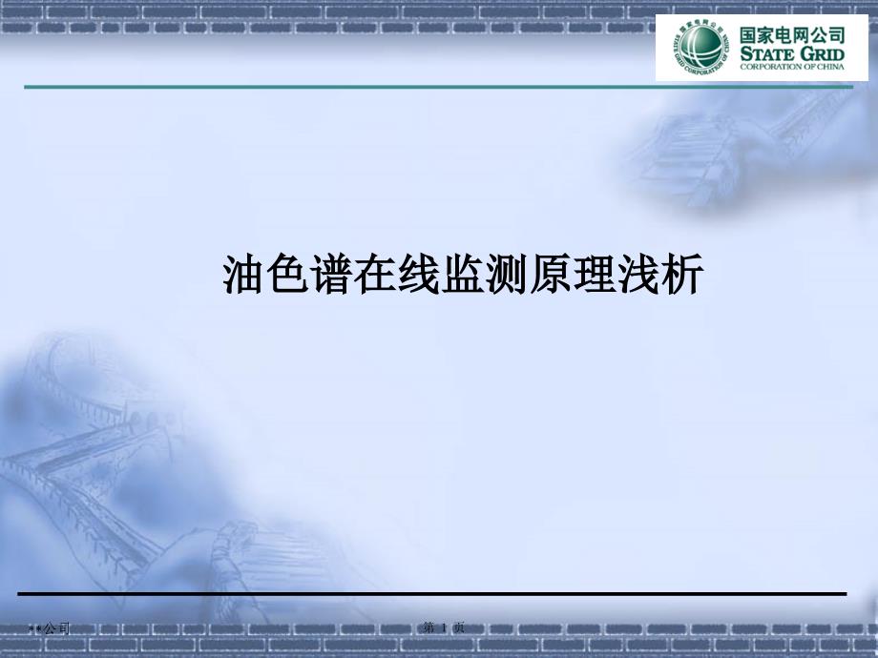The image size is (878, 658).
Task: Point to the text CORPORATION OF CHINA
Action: (793, 68)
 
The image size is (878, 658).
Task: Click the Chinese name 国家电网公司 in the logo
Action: (792, 32)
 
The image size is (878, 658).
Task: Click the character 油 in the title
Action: (243, 276)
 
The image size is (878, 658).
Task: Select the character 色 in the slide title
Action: (287, 276)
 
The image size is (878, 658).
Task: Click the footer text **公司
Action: (50, 628)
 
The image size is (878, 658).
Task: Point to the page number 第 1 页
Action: (444, 627)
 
